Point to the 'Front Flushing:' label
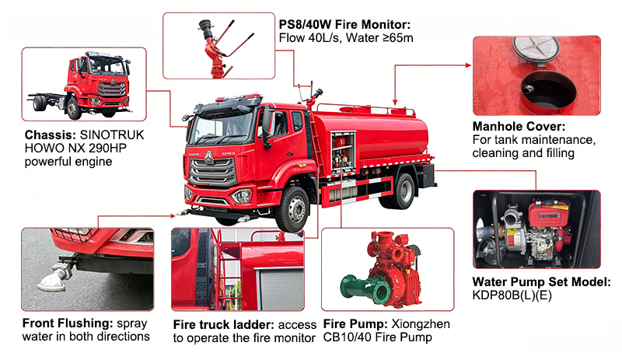pyautogui.click(x=66, y=323)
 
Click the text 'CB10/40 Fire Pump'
pyautogui.click(x=373, y=337)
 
